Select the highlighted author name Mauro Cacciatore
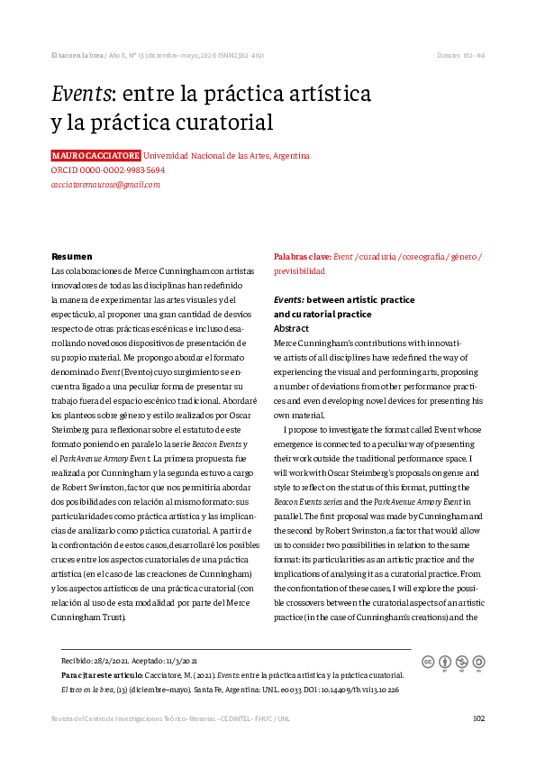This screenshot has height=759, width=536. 95,155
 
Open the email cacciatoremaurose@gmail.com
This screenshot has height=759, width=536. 105,184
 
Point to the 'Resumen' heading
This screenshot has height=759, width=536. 72,257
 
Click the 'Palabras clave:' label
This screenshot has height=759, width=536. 302,257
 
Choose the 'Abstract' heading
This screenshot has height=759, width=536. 291,329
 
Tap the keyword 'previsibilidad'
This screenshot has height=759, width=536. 299,270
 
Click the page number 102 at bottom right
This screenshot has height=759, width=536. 478,718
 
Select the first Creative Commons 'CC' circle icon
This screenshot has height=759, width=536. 429,662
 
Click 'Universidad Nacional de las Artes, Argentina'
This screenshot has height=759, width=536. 227,155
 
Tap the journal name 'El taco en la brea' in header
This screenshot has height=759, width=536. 77,56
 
